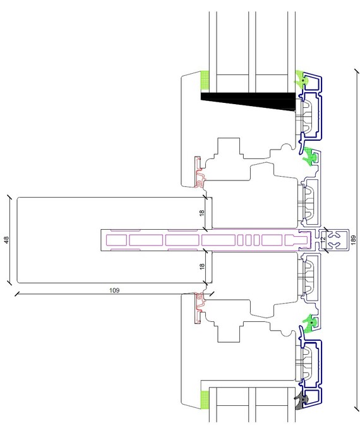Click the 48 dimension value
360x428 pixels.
click(6, 240)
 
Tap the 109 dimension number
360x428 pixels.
click(114, 290)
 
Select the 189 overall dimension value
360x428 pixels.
click(354, 240)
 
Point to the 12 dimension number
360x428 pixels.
click(323, 239)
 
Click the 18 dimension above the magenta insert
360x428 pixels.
click(201, 213)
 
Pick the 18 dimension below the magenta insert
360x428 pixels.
click(201, 266)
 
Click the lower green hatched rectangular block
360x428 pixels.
click(205, 400)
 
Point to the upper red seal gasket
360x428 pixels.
click(199, 172)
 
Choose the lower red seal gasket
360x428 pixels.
click(199, 308)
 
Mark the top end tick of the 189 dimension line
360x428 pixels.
click(357, 71)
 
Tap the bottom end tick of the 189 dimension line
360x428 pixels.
click(357, 408)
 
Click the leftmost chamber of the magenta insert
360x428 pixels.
click(116, 240)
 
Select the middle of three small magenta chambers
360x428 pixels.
click(248, 240)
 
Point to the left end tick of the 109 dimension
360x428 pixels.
click(17, 294)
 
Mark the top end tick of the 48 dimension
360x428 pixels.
click(9, 197)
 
